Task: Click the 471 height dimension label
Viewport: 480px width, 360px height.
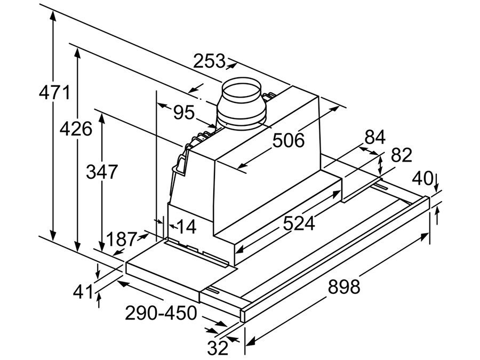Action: click(54, 93)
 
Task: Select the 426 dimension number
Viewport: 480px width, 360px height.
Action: click(76, 129)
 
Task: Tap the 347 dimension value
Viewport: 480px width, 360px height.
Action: click(102, 172)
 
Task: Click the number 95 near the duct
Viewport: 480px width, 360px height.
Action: click(183, 112)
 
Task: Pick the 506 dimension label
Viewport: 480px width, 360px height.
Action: click(289, 140)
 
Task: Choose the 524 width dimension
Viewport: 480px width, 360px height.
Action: click(299, 223)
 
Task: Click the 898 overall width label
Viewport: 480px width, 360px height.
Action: click(344, 286)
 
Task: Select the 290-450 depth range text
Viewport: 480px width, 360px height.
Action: click(161, 313)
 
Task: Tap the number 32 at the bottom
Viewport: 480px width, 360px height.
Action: click(218, 348)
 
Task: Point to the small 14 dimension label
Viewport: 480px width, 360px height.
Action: click(186, 227)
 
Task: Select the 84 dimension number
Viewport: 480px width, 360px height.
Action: click(374, 137)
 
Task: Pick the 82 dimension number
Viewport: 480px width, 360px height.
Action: click(402, 155)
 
